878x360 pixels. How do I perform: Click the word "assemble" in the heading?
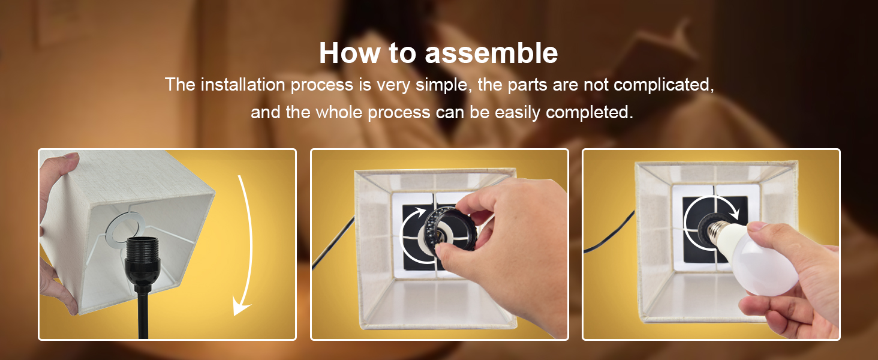491,53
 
